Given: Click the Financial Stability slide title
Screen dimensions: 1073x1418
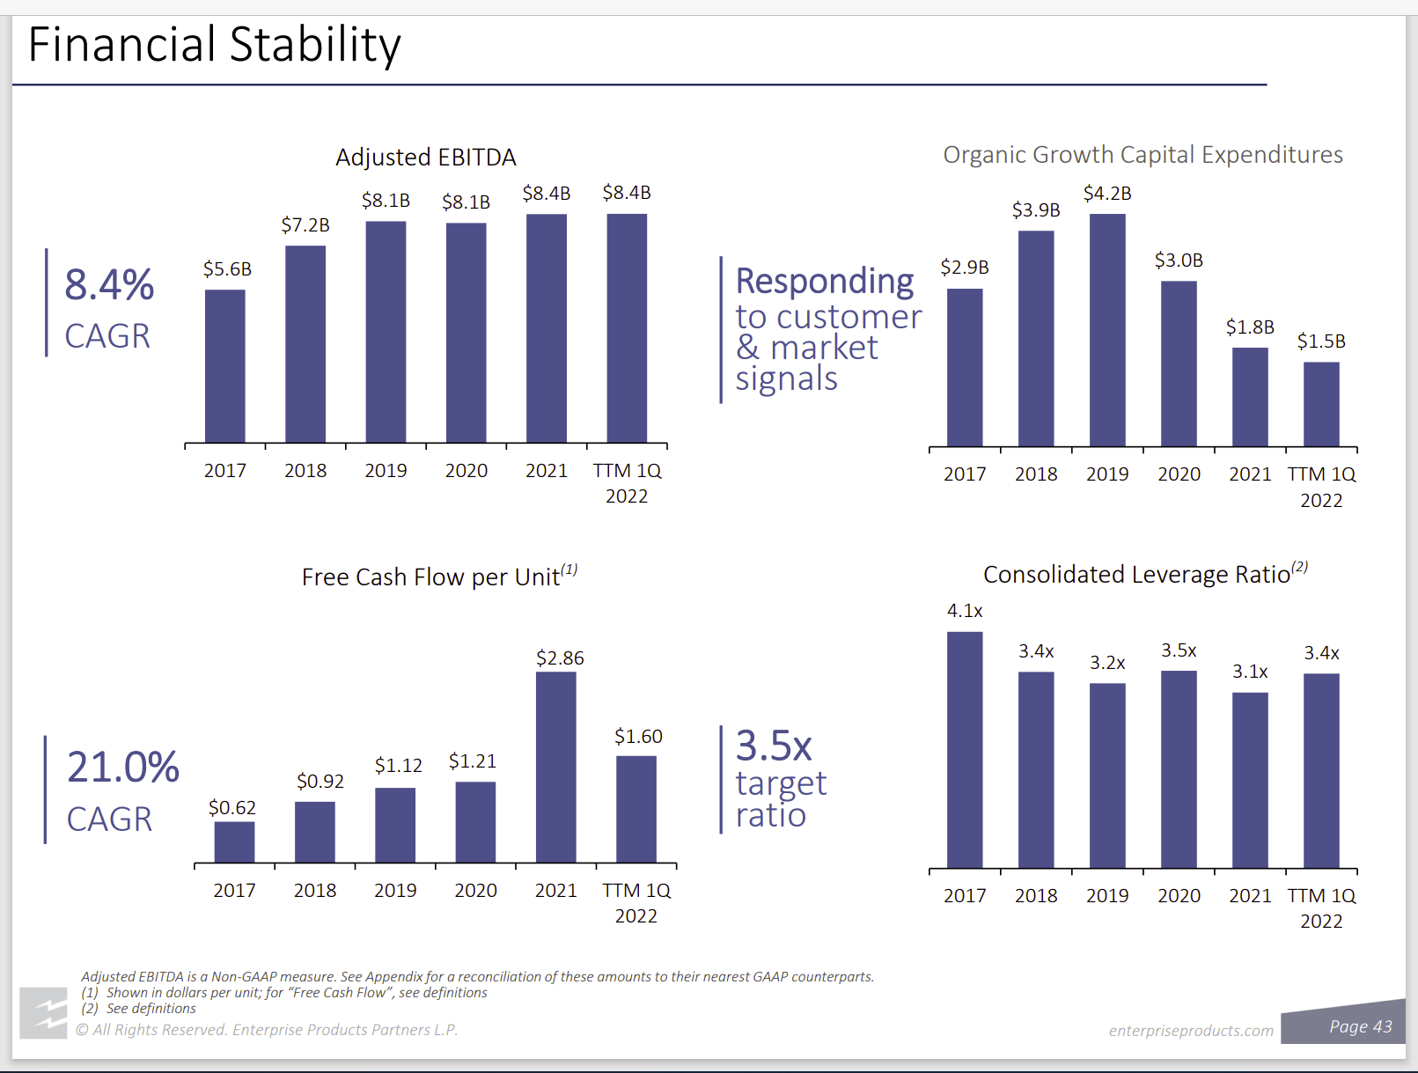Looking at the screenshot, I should pyautogui.click(x=214, y=45).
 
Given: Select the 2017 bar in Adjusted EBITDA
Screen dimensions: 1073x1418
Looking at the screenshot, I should pyautogui.click(x=224, y=365).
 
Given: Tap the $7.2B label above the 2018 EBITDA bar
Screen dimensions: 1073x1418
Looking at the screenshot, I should pyautogui.click(x=305, y=225).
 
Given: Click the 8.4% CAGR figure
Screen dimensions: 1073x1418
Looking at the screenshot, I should pyautogui.click(x=109, y=285).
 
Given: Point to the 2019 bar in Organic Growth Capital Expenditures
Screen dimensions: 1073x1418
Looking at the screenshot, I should pyautogui.click(x=1107, y=330).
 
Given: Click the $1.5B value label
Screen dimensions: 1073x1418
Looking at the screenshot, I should pyautogui.click(x=1321, y=342).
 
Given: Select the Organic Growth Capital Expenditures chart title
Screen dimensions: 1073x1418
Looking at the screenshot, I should pyautogui.click(x=1142, y=155).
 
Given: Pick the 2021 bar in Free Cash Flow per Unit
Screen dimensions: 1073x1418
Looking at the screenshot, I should pyautogui.click(x=555, y=767).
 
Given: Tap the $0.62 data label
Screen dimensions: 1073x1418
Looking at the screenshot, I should pyautogui.click(x=232, y=808).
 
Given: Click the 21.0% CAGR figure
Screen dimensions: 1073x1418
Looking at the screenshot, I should pyautogui.click(x=123, y=768).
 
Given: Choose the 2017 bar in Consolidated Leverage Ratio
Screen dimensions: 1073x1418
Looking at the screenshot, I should pyautogui.click(x=965, y=750).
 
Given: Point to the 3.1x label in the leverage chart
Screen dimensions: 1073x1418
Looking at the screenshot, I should pyautogui.click(x=1250, y=672).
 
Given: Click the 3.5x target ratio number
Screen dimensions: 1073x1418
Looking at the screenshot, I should pyautogui.click(x=774, y=746).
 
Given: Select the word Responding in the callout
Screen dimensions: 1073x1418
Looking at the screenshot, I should pyautogui.click(x=825, y=282).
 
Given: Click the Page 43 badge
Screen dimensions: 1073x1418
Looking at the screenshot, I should pyautogui.click(x=1360, y=1026).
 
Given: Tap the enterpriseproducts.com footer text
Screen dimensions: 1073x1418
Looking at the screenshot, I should pyautogui.click(x=1191, y=1031).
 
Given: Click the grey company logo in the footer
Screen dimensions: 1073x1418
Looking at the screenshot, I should pyautogui.click(x=44, y=1013).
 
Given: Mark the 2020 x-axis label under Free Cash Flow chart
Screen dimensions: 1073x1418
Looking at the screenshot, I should pyautogui.click(x=475, y=891).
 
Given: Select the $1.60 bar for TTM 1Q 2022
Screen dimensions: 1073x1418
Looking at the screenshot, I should pyautogui.click(x=636, y=809).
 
